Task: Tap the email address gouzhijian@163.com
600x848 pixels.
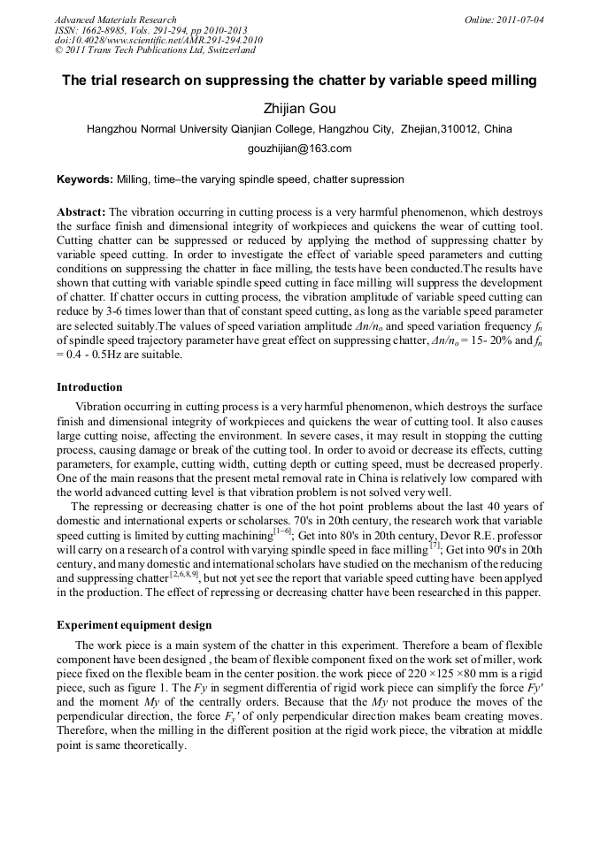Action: pyautogui.click(x=299, y=149)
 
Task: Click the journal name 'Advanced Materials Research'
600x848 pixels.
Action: pyautogui.click(x=116, y=19)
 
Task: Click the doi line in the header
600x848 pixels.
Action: pyautogui.click(x=158, y=40)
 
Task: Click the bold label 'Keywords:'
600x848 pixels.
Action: pyautogui.click(x=85, y=180)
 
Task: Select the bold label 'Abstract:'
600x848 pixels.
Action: pyautogui.click(x=81, y=213)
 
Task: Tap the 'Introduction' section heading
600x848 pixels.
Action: pyautogui.click(x=89, y=387)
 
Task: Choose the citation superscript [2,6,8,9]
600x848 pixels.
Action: pyautogui.click(x=181, y=575)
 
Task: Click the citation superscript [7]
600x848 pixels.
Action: pyautogui.click(x=435, y=546)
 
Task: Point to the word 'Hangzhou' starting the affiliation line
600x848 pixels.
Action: pyautogui.click(x=113, y=129)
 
